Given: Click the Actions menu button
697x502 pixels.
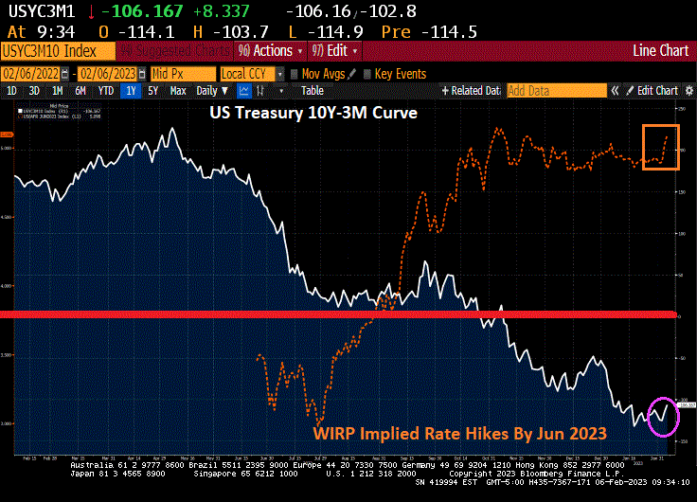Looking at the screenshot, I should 271,50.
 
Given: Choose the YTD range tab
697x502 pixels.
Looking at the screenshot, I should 106,91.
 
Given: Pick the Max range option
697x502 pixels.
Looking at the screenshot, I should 178,91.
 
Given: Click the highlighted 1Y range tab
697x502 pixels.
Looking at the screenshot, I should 131,91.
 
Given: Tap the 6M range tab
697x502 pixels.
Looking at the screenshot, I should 80,91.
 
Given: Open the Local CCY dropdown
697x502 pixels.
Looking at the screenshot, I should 251,73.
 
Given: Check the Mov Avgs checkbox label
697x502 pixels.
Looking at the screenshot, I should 323,73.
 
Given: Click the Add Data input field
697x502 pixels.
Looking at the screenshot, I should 555,91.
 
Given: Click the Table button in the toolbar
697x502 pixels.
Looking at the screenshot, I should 312,91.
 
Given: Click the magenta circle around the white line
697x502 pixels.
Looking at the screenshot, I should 663,415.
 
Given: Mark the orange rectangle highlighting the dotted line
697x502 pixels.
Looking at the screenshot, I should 660,147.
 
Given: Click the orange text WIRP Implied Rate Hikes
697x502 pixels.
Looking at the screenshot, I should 460,435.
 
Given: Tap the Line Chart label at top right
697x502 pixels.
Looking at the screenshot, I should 659,50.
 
